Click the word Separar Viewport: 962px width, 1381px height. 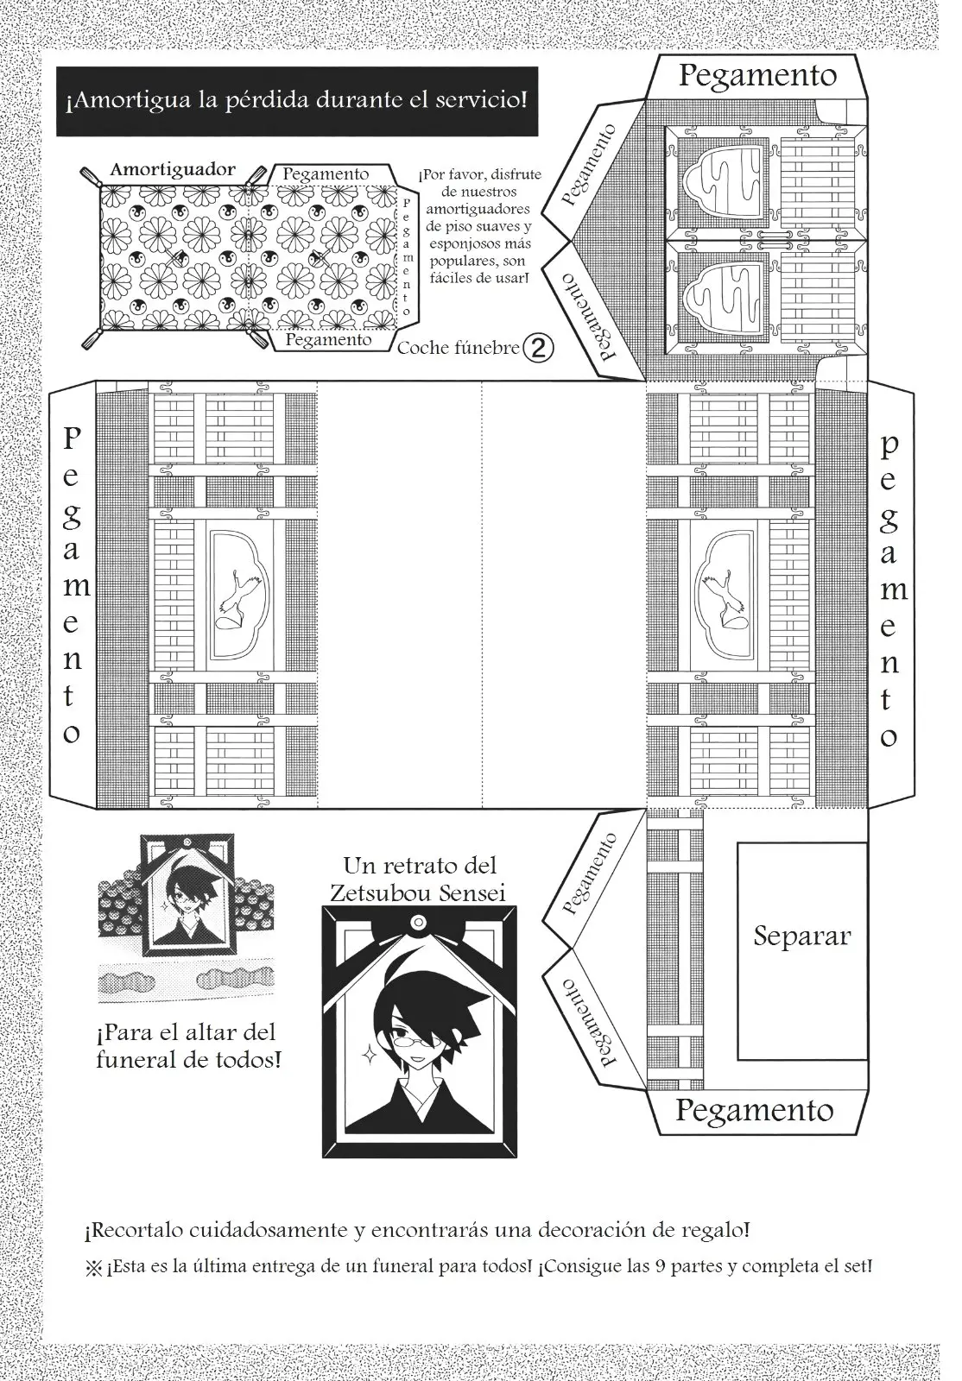(801, 936)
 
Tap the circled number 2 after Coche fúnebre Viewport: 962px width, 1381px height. (538, 349)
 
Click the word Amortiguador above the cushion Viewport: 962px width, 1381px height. (173, 169)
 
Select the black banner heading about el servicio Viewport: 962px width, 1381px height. (297, 101)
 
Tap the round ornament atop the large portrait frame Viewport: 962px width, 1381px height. (420, 923)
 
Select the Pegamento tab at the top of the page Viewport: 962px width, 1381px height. (758, 75)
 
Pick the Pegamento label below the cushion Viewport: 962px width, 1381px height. (328, 340)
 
